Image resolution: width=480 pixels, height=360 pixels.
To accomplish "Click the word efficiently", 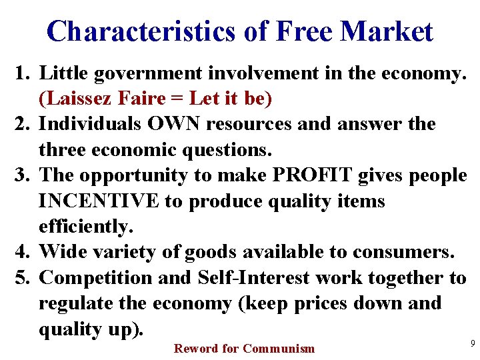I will click(x=86, y=227).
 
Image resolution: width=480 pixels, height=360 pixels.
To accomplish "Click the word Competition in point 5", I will click(x=97, y=278).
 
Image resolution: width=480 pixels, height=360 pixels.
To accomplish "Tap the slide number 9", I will click(x=472, y=343).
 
